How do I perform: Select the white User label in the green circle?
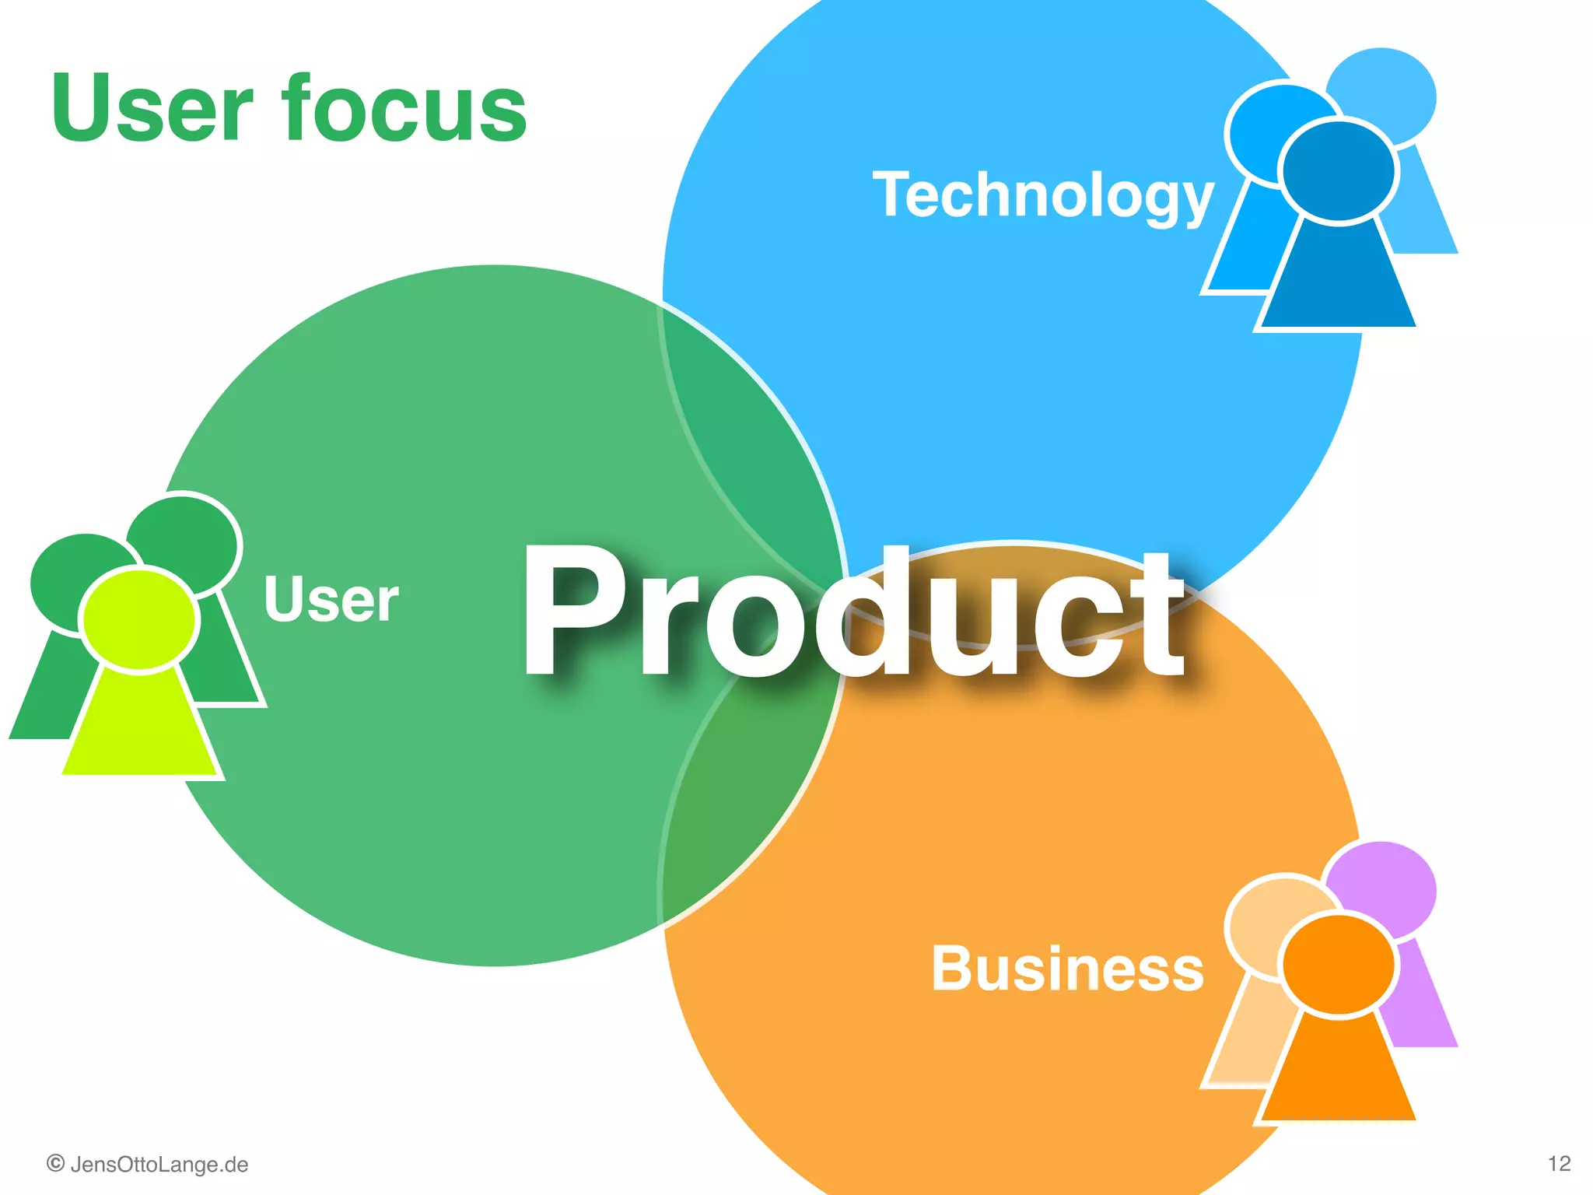point(331,599)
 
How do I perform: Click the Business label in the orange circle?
point(1067,969)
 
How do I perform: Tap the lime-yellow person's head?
point(139,619)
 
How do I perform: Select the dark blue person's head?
point(1338,171)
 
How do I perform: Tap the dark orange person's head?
point(1338,965)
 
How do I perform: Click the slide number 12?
point(1559,1164)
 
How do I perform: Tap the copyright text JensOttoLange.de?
point(159,1165)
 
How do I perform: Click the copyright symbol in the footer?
point(55,1164)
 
